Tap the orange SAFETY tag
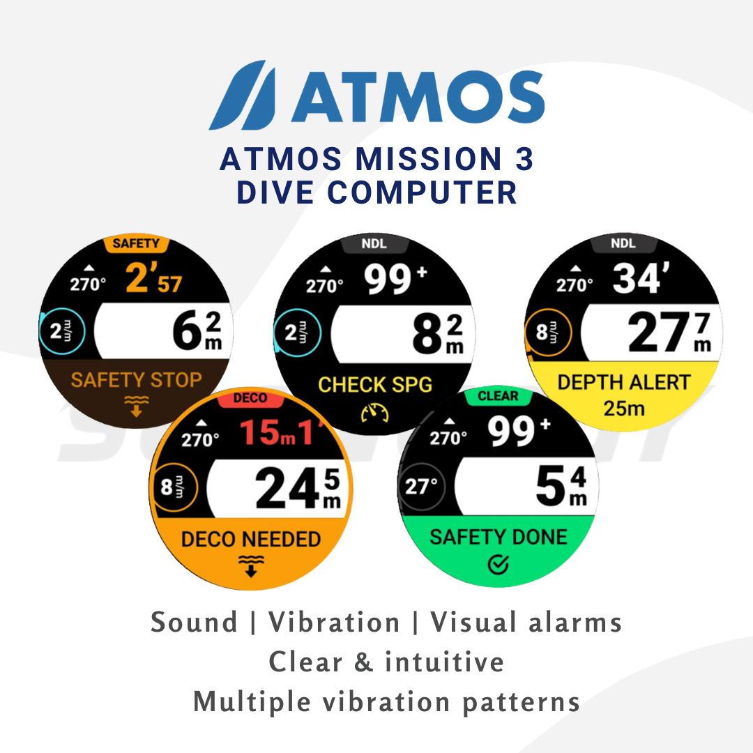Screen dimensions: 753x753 [x=136, y=244]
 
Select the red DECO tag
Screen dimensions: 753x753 [x=250, y=399]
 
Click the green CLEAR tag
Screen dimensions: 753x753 [x=498, y=396]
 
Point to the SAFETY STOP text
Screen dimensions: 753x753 [x=136, y=380]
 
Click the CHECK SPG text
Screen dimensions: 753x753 [x=375, y=384]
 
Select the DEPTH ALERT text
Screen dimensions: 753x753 [x=624, y=382]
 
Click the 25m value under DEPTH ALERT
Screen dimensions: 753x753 [x=624, y=408]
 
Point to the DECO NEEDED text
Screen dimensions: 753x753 [x=251, y=539]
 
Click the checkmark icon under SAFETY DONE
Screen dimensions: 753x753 [x=498, y=565]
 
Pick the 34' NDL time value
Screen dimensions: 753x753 [x=637, y=279]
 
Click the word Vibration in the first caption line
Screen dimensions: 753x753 [x=335, y=622]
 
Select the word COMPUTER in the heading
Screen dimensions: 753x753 [x=422, y=192]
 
